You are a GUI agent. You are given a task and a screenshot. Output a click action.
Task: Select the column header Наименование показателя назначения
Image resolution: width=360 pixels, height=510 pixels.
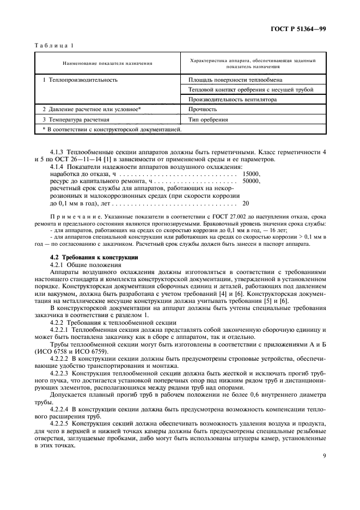tap(107, 63)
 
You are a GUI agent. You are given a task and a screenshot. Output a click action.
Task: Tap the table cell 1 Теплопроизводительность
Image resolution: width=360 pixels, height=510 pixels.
tap(80, 80)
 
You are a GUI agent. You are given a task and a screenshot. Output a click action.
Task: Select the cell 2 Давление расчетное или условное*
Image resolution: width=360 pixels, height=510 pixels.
tap(91, 109)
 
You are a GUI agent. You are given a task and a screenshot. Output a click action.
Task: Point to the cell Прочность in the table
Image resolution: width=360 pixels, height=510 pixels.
tap(202, 109)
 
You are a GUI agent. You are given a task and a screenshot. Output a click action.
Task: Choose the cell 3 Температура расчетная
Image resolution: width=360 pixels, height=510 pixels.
tap(76, 119)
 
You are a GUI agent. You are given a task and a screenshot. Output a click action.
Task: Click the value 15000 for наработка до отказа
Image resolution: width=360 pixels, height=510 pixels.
tap(252, 174)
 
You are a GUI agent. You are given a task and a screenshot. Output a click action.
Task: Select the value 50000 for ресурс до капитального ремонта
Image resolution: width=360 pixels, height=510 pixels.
tap(252, 181)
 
